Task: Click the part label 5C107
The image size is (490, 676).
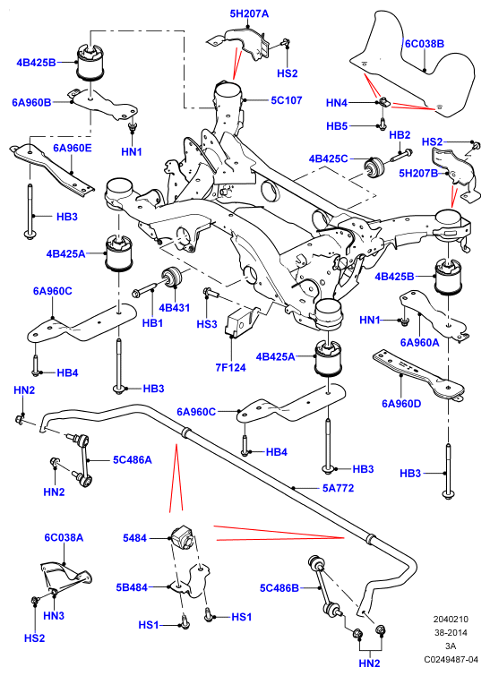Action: [287, 100]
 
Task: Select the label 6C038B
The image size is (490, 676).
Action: [425, 44]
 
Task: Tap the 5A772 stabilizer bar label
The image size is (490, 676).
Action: [339, 488]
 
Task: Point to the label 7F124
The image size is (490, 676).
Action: [231, 368]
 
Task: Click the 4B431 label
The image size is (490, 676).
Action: [175, 308]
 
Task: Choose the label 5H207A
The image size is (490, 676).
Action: [249, 13]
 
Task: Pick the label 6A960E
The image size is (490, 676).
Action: [73, 149]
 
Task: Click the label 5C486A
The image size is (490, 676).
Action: [133, 460]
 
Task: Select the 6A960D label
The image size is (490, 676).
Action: [401, 404]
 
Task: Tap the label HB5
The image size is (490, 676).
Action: [337, 126]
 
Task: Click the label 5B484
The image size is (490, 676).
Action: [132, 587]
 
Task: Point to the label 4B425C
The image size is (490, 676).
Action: [328, 158]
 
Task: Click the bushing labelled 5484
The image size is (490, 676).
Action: [181, 535]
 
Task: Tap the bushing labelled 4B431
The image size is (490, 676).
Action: [173, 277]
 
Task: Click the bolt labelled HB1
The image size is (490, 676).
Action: [150, 290]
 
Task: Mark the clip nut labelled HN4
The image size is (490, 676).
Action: [383, 103]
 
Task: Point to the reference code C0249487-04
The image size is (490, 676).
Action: [451, 660]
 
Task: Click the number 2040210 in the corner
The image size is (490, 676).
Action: [451, 620]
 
